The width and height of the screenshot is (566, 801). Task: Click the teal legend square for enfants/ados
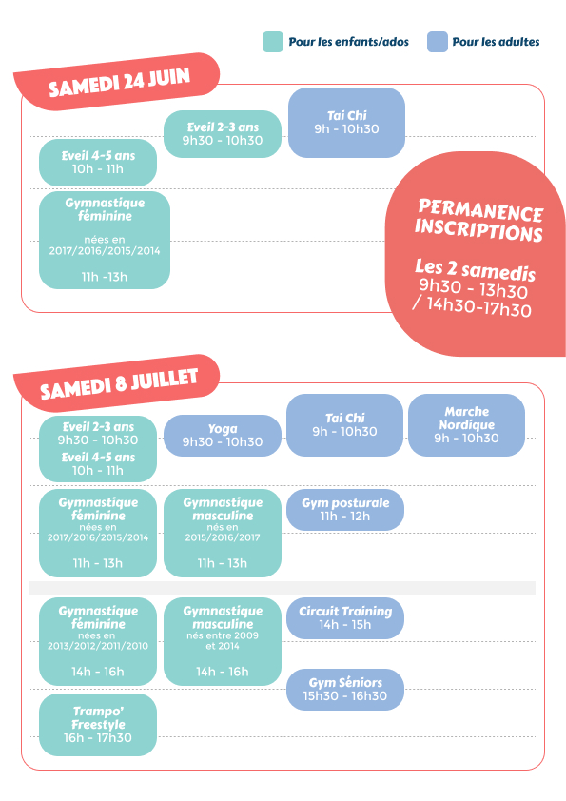click(273, 42)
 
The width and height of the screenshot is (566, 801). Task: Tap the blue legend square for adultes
click(438, 42)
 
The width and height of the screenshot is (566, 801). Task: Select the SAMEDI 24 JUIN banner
click(117, 81)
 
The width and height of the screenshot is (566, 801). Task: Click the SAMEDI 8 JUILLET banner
click(117, 382)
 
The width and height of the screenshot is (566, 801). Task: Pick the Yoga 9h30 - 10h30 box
click(223, 436)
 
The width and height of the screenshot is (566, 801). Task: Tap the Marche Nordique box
click(466, 425)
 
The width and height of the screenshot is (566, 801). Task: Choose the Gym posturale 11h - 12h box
click(344, 510)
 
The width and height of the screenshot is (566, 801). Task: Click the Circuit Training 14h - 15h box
click(344, 618)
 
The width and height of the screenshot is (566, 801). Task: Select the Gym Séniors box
click(344, 690)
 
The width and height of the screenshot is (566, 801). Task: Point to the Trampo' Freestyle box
click(98, 725)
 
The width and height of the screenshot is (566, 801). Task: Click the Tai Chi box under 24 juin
click(346, 123)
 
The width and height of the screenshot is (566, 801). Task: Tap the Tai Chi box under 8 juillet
click(344, 425)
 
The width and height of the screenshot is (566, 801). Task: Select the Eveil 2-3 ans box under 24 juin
click(223, 134)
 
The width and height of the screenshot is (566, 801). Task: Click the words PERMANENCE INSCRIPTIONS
click(479, 220)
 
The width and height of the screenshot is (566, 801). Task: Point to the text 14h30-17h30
click(478, 307)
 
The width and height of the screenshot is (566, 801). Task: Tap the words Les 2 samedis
click(475, 270)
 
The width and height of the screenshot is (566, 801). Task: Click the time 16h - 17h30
click(98, 737)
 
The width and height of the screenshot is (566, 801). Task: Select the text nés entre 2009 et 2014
click(223, 640)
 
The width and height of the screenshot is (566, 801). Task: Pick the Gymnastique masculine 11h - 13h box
click(223, 534)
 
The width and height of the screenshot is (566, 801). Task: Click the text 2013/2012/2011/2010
click(98, 646)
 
